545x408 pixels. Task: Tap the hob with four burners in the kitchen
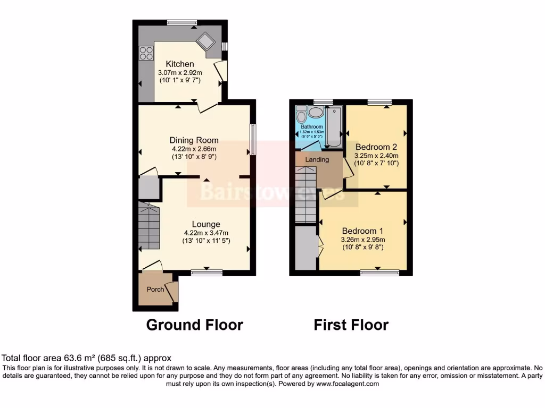tap(146, 53)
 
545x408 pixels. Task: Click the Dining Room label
tap(194, 140)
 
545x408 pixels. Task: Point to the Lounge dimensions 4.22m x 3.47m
tap(205, 232)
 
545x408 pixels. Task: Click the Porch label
tap(155, 290)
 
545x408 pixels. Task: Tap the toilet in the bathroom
tap(301, 115)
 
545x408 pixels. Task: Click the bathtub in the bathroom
tap(335, 127)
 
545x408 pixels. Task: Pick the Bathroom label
tap(311, 127)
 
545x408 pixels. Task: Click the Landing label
tap(317, 159)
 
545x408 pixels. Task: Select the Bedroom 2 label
tap(376, 147)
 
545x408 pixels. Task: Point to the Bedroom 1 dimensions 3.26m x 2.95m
tap(362, 240)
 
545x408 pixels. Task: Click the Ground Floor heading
tap(194, 325)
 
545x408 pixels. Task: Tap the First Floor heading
tap(351, 325)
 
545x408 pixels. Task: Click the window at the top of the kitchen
tap(181, 22)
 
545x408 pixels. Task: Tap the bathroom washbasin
tap(316, 112)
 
